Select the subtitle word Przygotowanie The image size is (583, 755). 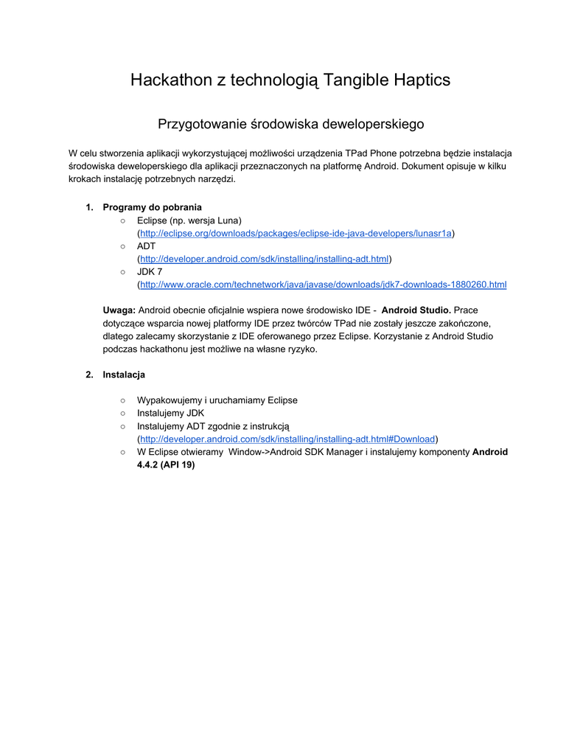tap(203, 124)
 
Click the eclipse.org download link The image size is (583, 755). tap(296, 233)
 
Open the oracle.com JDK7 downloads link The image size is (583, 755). tap(323, 285)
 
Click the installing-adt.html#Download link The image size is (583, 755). tap(288, 439)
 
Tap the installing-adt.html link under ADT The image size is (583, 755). tap(264, 259)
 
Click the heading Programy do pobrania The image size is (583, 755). tap(152, 207)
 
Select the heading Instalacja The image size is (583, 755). tap(124, 375)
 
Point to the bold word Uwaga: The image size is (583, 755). tap(119, 310)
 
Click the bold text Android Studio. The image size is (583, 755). tap(416, 310)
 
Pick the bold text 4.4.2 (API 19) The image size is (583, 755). tap(166, 465)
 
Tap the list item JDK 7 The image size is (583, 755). tap(150, 272)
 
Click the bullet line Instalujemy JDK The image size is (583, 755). tap(170, 413)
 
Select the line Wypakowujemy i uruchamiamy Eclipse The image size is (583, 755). tap(217, 400)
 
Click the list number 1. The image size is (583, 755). tap(89, 207)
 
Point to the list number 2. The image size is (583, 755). tap(89, 375)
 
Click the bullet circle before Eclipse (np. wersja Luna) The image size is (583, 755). tap(122, 220)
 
